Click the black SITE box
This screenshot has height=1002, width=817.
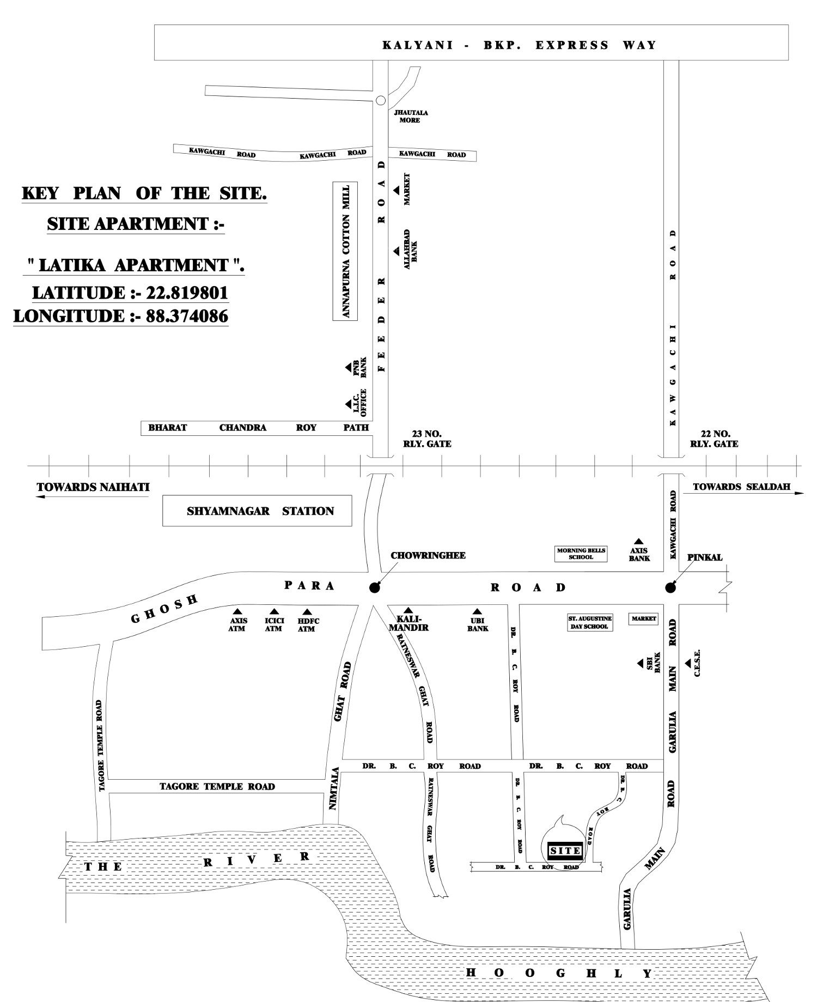(565, 851)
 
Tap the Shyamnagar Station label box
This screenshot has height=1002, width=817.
(257, 511)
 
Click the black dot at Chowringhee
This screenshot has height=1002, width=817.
(374, 588)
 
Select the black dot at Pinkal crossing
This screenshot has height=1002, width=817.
(670, 587)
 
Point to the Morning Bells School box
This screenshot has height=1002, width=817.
(581, 554)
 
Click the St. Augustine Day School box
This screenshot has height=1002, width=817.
(590, 623)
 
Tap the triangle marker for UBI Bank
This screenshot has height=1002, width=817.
(477, 611)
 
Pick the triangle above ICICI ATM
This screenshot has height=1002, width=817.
(274, 611)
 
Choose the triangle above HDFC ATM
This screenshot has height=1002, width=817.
(307, 612)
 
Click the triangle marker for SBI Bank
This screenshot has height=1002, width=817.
(641, 663)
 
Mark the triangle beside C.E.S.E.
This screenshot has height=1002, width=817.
(688, 663)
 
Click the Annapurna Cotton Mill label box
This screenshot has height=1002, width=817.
(345, 251)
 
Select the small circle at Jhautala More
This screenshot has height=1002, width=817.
(381, 100)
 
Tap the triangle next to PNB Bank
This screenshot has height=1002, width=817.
(348, 368)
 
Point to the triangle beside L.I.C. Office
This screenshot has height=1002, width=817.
(348, 404)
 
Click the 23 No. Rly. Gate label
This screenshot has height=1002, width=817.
(427, 439)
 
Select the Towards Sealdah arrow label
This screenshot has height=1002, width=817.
(741, 487)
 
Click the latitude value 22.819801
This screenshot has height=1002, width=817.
(187, 293)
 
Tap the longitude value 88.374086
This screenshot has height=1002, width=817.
(187, 316)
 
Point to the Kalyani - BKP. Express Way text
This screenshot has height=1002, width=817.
(519, 45)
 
